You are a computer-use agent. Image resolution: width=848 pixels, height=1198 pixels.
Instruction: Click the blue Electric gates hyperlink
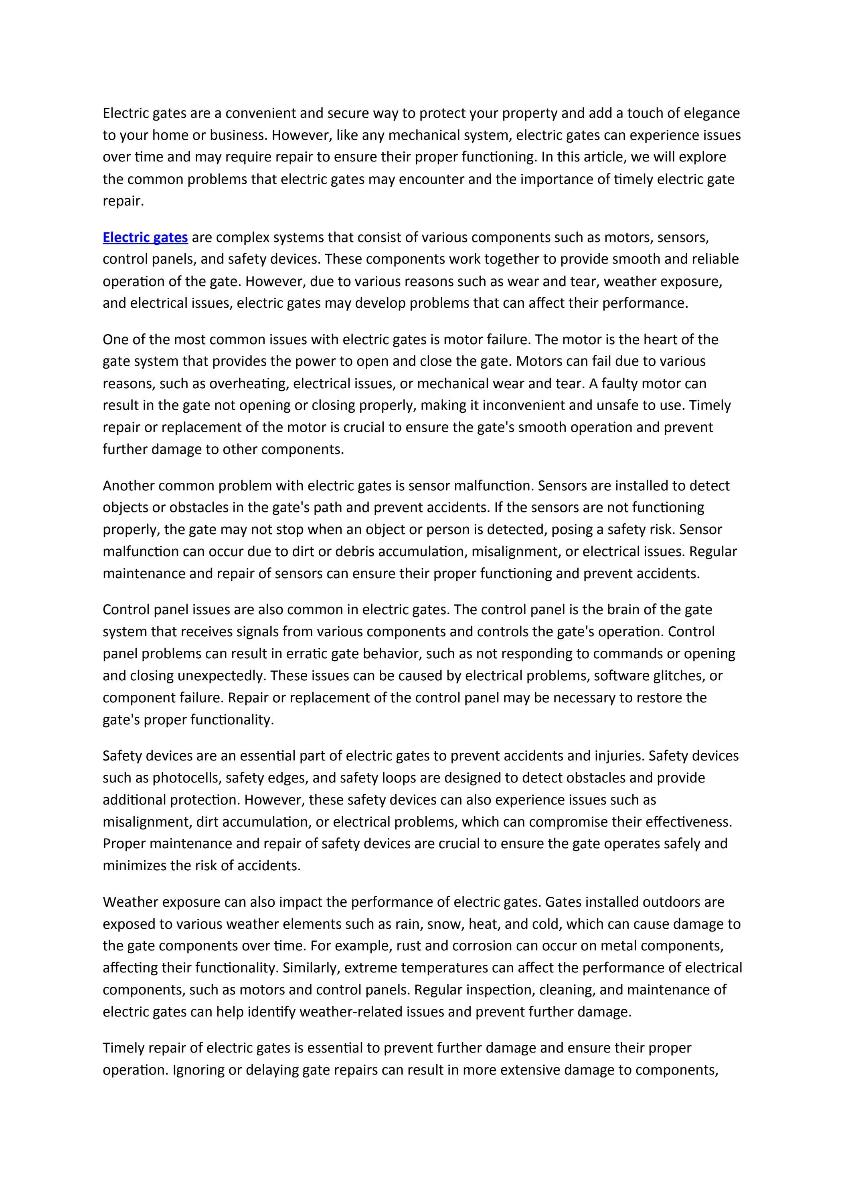click(x=145, y=238)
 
